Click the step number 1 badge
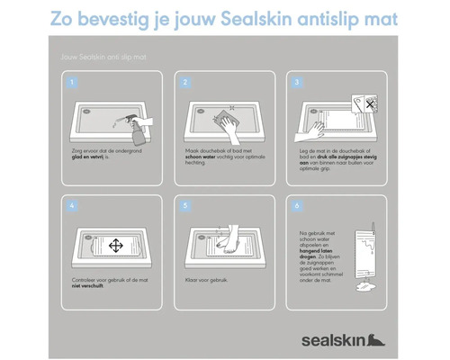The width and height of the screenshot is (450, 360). (73, 82)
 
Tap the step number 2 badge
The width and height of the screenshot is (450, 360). (184, 82)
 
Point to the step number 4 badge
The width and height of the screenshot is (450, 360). (73, 205)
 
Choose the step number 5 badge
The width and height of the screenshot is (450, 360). (184, 205)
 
